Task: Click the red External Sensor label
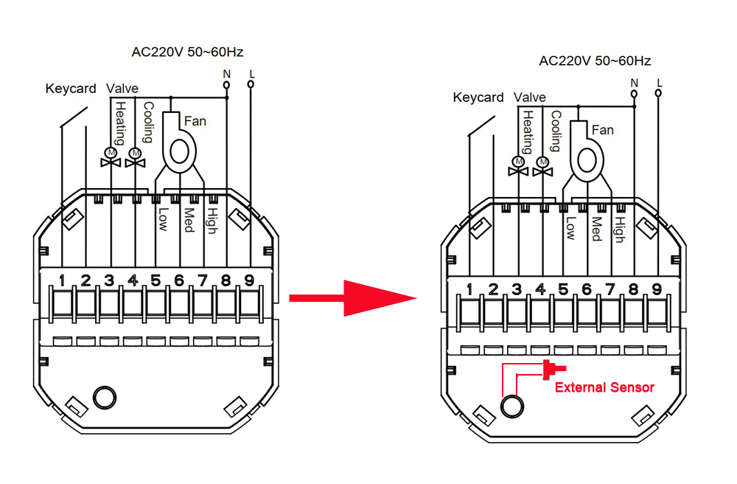tap(604, 387)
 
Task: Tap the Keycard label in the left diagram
tap(71, 89)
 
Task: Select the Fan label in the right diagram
tap(602, 130)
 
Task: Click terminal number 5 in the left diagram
tap(156, 280)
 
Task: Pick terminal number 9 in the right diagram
tap(657, 289)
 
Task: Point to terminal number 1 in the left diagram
tap(63, 280)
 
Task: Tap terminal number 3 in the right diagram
tap(517, 289)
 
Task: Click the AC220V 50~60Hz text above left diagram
tap(187, 52)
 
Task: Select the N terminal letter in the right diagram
tap(634, 83)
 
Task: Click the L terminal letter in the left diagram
tap(252, 73)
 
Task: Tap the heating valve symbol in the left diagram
tap(111, 157)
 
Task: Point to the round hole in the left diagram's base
tap(102, 398)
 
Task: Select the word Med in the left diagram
tap(189, 219)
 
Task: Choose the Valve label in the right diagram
tap(530, 97)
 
